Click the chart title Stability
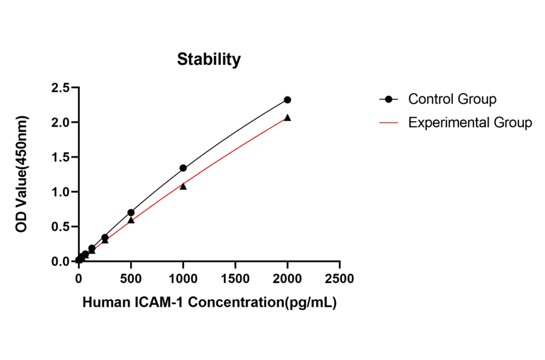[x=208, y=59]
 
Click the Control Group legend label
[x=452, y=99]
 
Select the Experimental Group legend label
[x=470, y=122]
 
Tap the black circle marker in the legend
[x=389, y=99]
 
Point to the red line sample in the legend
[x=389, y=122]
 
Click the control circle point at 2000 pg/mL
[x=288, y=99]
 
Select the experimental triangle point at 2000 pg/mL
[x=288, y=118]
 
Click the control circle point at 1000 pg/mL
[x=183, y=168]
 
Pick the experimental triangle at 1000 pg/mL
[x=183, y=186]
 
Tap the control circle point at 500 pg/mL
[x=131, y=213]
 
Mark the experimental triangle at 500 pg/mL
[x=131, y=220]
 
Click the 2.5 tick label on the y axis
[x=59, y=87]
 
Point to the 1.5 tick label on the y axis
[x=59, y=157]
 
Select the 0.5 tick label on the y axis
[x=59, y=227]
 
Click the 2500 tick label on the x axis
[x=340, y=278]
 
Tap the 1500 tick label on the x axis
[x=235, y=278]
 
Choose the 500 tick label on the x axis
[x=131, y=278]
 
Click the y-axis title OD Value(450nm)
[x=22, y=175]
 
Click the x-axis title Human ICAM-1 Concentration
[x=209, y=302]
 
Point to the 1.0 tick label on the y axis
[x=59, y=192]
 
